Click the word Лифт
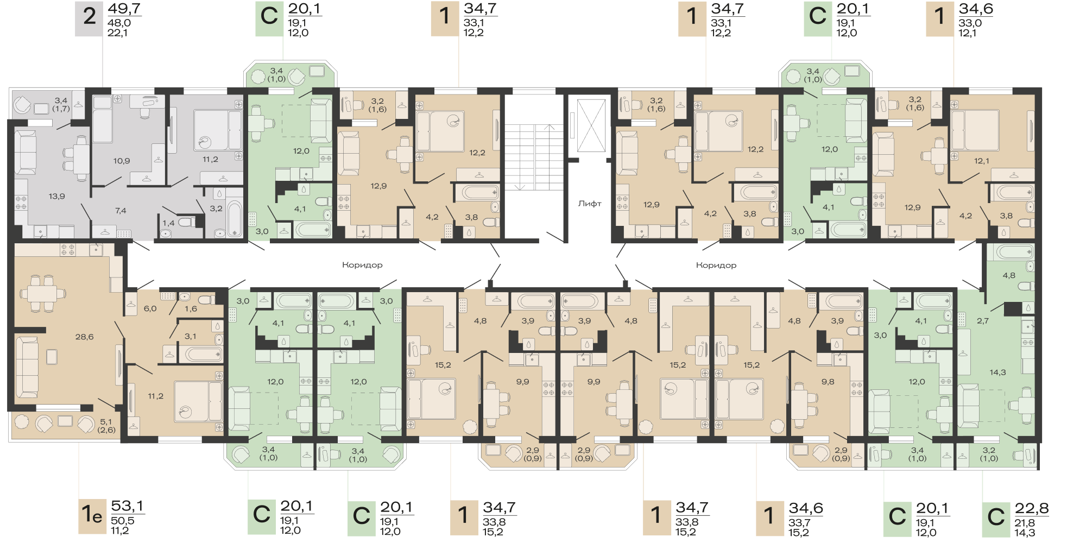click(590, 204)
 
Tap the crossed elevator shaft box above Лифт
click(591, 125)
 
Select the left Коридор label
click(362, 265)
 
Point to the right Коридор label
click(716, 266)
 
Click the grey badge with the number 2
click(89, 19)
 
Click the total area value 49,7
click(124, 9)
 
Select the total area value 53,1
click(128, 506)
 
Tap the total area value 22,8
click(1032, 509)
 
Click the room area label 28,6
click(85, 337)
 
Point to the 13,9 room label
click(56, 196)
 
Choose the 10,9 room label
click(122, 161)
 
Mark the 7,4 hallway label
click(121, 210)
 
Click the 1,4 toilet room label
click(168, 223)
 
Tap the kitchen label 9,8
click(828, 382)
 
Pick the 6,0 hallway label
click(150, 308)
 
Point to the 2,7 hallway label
click(983, 321)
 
